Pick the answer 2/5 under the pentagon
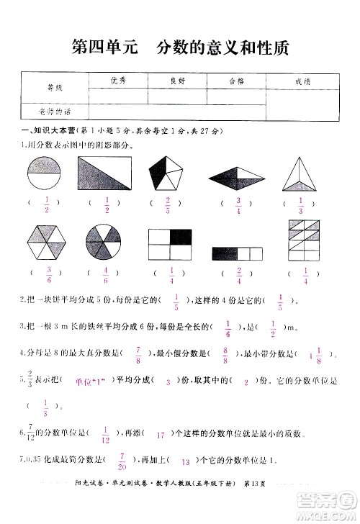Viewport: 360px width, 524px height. [x=167, y=205]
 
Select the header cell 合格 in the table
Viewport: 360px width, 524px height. [x=235, y=82]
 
